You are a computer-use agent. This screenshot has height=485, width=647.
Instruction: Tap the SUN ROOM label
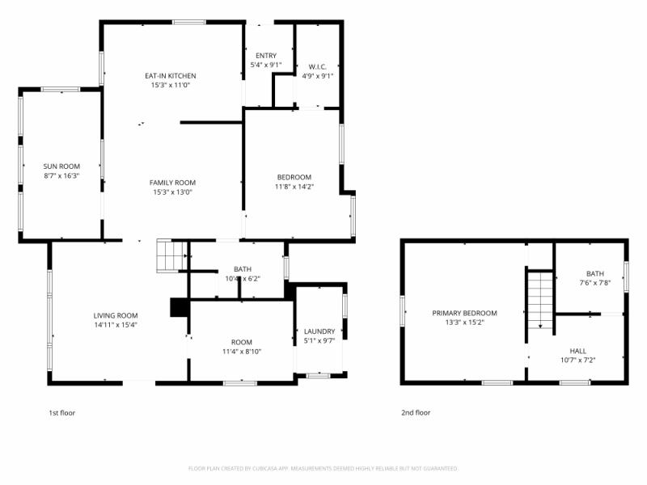coord(61,166)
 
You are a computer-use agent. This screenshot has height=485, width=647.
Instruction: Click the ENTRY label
coord(266,56)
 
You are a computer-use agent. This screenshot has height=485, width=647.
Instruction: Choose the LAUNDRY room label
coord(319,331)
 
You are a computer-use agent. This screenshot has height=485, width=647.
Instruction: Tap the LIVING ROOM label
coord(116,315)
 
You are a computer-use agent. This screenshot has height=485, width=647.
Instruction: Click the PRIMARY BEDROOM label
coord(464,313)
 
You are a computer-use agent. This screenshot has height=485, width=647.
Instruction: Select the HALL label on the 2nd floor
coord(577,351)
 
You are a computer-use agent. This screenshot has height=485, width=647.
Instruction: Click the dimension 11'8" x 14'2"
coord(294,187)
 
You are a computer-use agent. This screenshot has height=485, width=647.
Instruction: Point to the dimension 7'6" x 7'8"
coord(595,283)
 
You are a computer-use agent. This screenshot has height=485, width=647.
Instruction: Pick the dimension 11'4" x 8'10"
coord(242,352)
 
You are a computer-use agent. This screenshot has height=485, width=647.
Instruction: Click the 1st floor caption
coord(63,412)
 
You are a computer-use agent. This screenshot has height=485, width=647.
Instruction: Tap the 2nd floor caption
coord(416,412)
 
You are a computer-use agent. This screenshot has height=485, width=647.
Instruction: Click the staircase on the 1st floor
coord(171,256)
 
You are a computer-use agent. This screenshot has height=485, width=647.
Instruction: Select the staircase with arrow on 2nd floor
coord(539,299)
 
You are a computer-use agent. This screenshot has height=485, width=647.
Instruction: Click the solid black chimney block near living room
coord(178,308)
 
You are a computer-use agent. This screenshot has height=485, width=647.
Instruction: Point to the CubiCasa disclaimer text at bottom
coord(323,468)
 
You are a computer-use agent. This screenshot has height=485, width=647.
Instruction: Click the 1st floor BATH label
coord(243,269)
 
